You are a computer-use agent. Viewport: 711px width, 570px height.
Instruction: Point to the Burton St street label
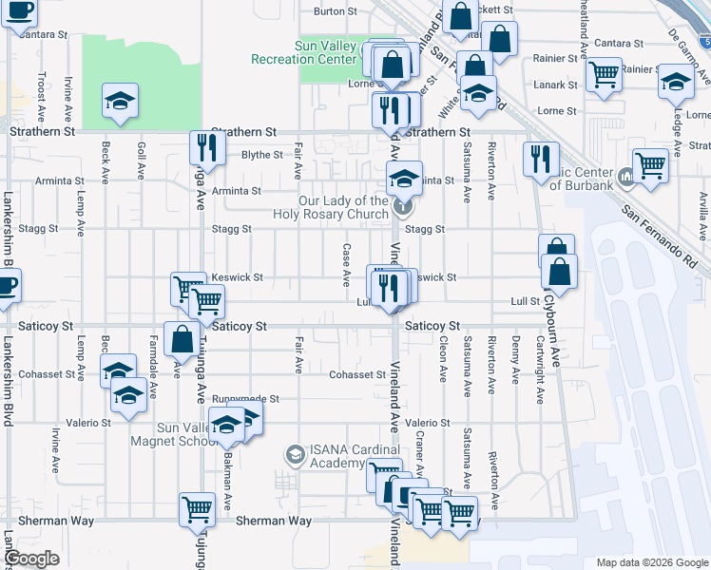pyautogui.click(x=335, y=12)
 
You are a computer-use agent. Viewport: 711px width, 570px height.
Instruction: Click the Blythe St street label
pyautogui.click(x=261, y=155)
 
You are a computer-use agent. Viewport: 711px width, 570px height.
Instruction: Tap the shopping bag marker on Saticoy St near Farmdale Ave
pyautogui.click(x=181, y=338)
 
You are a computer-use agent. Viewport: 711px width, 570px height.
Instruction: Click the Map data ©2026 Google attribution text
pyautogui.click(x=650, y=562)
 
